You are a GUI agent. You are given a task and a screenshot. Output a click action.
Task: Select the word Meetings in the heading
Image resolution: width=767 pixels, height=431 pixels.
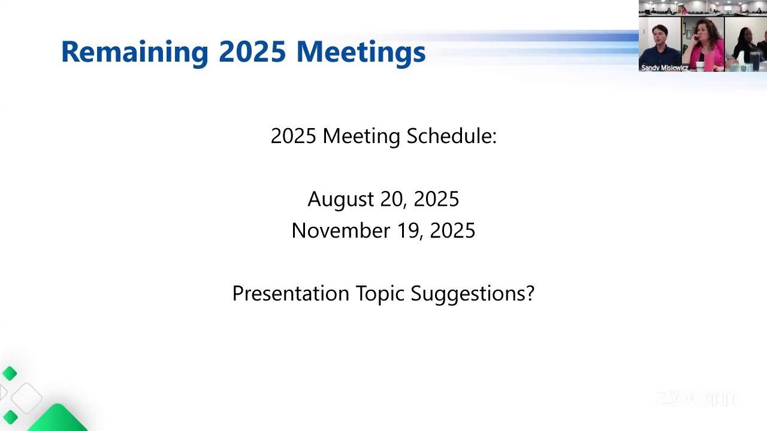coord(361,52)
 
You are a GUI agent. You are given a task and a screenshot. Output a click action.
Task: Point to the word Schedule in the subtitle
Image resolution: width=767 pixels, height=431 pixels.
coord(452,136)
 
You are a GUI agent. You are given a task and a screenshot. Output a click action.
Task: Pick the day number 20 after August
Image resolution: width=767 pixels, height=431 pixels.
coord(394,199)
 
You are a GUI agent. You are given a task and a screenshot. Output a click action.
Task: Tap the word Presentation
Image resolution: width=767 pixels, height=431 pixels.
coord(291,293)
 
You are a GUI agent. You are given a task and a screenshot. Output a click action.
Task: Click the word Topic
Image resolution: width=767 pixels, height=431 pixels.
coord(380,293)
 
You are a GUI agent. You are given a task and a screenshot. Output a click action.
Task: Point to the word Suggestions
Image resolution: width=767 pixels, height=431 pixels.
coord(472,293)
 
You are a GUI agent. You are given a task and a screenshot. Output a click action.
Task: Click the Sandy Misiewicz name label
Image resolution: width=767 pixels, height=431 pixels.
coord(665,68)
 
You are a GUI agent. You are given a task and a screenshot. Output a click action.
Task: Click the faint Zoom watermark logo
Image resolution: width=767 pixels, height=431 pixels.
coord(695,399)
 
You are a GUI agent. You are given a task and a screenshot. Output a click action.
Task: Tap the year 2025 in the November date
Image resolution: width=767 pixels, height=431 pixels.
coord(453,230)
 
